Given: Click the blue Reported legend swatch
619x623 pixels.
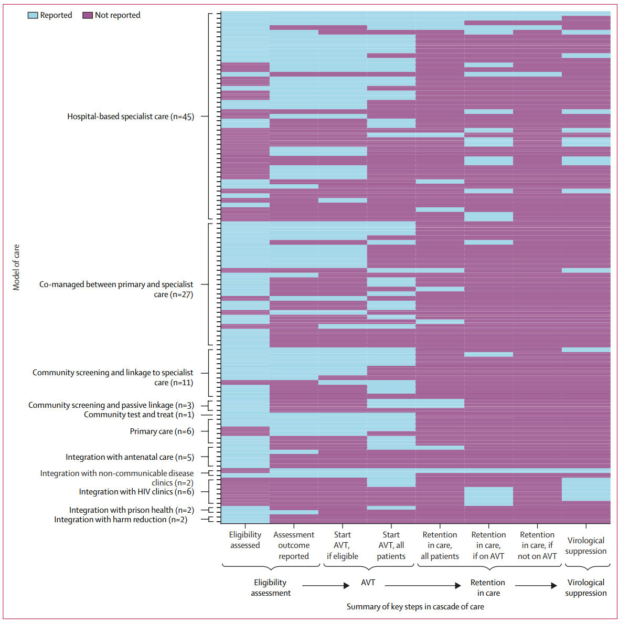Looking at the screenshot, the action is click(33, 15).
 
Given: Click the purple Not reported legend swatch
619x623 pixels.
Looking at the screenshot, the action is click(88, 15).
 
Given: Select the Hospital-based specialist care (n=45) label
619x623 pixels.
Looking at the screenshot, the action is click(131, 117).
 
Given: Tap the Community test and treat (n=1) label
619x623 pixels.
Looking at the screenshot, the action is click(139, 415).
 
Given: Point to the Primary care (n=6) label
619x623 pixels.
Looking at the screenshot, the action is click(162, 431).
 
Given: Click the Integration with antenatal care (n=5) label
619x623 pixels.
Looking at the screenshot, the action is click(130, 457).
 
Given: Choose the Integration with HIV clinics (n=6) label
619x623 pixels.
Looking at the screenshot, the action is click(136, 492).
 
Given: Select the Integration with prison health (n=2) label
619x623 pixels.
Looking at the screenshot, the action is click(132, 510).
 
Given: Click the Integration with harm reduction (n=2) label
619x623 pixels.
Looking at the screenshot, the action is click(121, 520).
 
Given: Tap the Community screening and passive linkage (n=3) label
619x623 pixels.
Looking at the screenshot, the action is click(111, 405).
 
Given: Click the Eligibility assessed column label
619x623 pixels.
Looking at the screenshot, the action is click(246, 540).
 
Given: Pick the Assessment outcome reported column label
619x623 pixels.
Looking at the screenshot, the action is click(294, 545).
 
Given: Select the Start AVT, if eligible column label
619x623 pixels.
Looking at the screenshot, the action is click(342, 545).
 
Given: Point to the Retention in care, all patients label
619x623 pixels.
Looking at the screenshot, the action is click(440, 545).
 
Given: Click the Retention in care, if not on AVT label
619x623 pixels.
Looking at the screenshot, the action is click(537, 545).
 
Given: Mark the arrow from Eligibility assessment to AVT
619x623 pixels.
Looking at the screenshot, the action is click(326, 585).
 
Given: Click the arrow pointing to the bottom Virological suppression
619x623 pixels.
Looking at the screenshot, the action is click(536, 585).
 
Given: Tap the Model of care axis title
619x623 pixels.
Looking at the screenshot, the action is click(16, 267).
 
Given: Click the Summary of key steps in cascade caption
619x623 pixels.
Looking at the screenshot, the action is click(415, 607).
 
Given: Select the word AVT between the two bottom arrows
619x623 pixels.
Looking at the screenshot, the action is click(368, 583).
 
